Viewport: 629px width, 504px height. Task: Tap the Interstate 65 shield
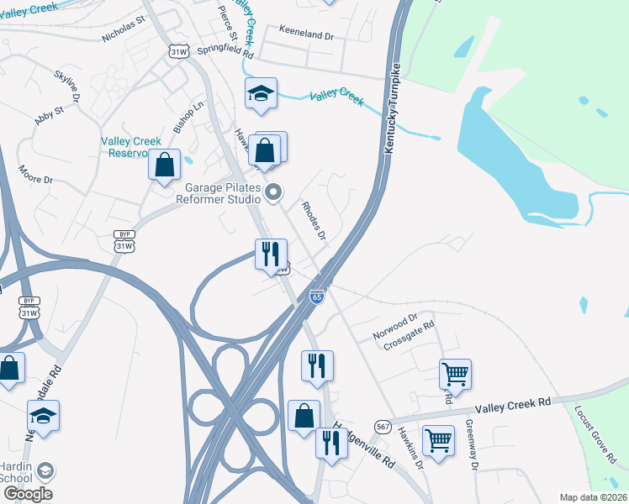click(x=316, y=298)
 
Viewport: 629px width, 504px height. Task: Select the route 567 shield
click(x=383, y=428)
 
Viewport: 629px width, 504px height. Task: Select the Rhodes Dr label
click(x=314, y=220)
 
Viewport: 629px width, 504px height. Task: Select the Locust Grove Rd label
click(x=595, y=434)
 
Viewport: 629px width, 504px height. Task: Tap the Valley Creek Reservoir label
click(x=130, y=147)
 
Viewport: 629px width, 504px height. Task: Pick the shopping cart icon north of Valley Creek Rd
click(x=455, y=373)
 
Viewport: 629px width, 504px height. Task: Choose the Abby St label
click(x=49, y=115)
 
